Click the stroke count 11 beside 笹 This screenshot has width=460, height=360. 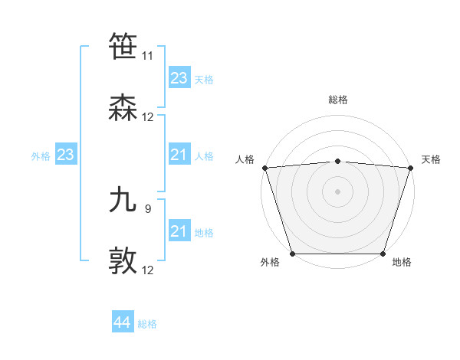click(147, 56)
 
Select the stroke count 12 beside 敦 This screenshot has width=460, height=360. click(147, 270)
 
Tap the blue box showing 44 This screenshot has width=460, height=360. click(123, 322)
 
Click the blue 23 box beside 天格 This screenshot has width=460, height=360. click(179, 78)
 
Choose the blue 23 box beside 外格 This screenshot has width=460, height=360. click(65, 155)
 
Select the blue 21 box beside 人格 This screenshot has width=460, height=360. click(179, 155)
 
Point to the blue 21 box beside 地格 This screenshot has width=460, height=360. click(179, 231)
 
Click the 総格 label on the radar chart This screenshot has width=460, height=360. click(337, 100)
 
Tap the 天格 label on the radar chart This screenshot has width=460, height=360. click(431, 159)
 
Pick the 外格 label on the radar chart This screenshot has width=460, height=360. click(270, 263)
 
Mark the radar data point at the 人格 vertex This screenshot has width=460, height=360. click(264, 167)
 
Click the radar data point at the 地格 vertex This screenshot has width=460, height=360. click(383, 254)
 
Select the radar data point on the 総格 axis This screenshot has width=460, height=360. click(337, 161)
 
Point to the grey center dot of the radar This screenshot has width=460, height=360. click(337, 191)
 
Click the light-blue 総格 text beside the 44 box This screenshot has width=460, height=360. click(147, 324)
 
